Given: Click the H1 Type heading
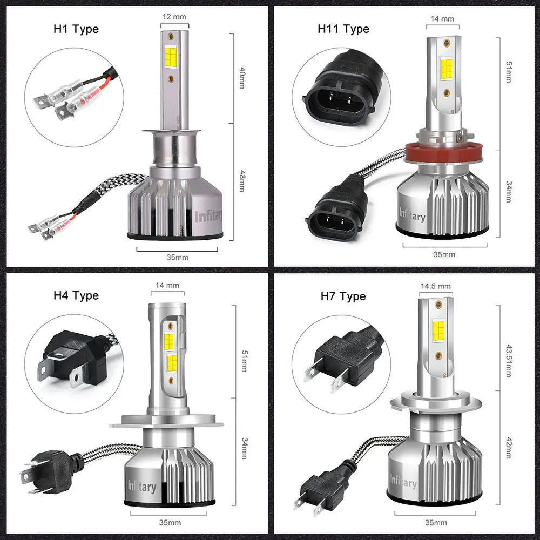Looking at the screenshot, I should click(77, 29).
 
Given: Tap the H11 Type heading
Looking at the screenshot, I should click(343, 29).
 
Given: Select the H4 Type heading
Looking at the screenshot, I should click(76, 295).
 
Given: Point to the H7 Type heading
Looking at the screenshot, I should click(343, 296).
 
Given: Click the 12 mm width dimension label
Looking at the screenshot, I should click(174, 17).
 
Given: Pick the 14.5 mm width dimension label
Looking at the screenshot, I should click(435, 286).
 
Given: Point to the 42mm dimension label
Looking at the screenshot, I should click(508, 449).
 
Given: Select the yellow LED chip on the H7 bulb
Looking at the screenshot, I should click(438, 330).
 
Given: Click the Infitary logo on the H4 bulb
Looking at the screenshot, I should click(141, 486).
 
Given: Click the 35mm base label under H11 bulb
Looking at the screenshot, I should click(444, 254).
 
